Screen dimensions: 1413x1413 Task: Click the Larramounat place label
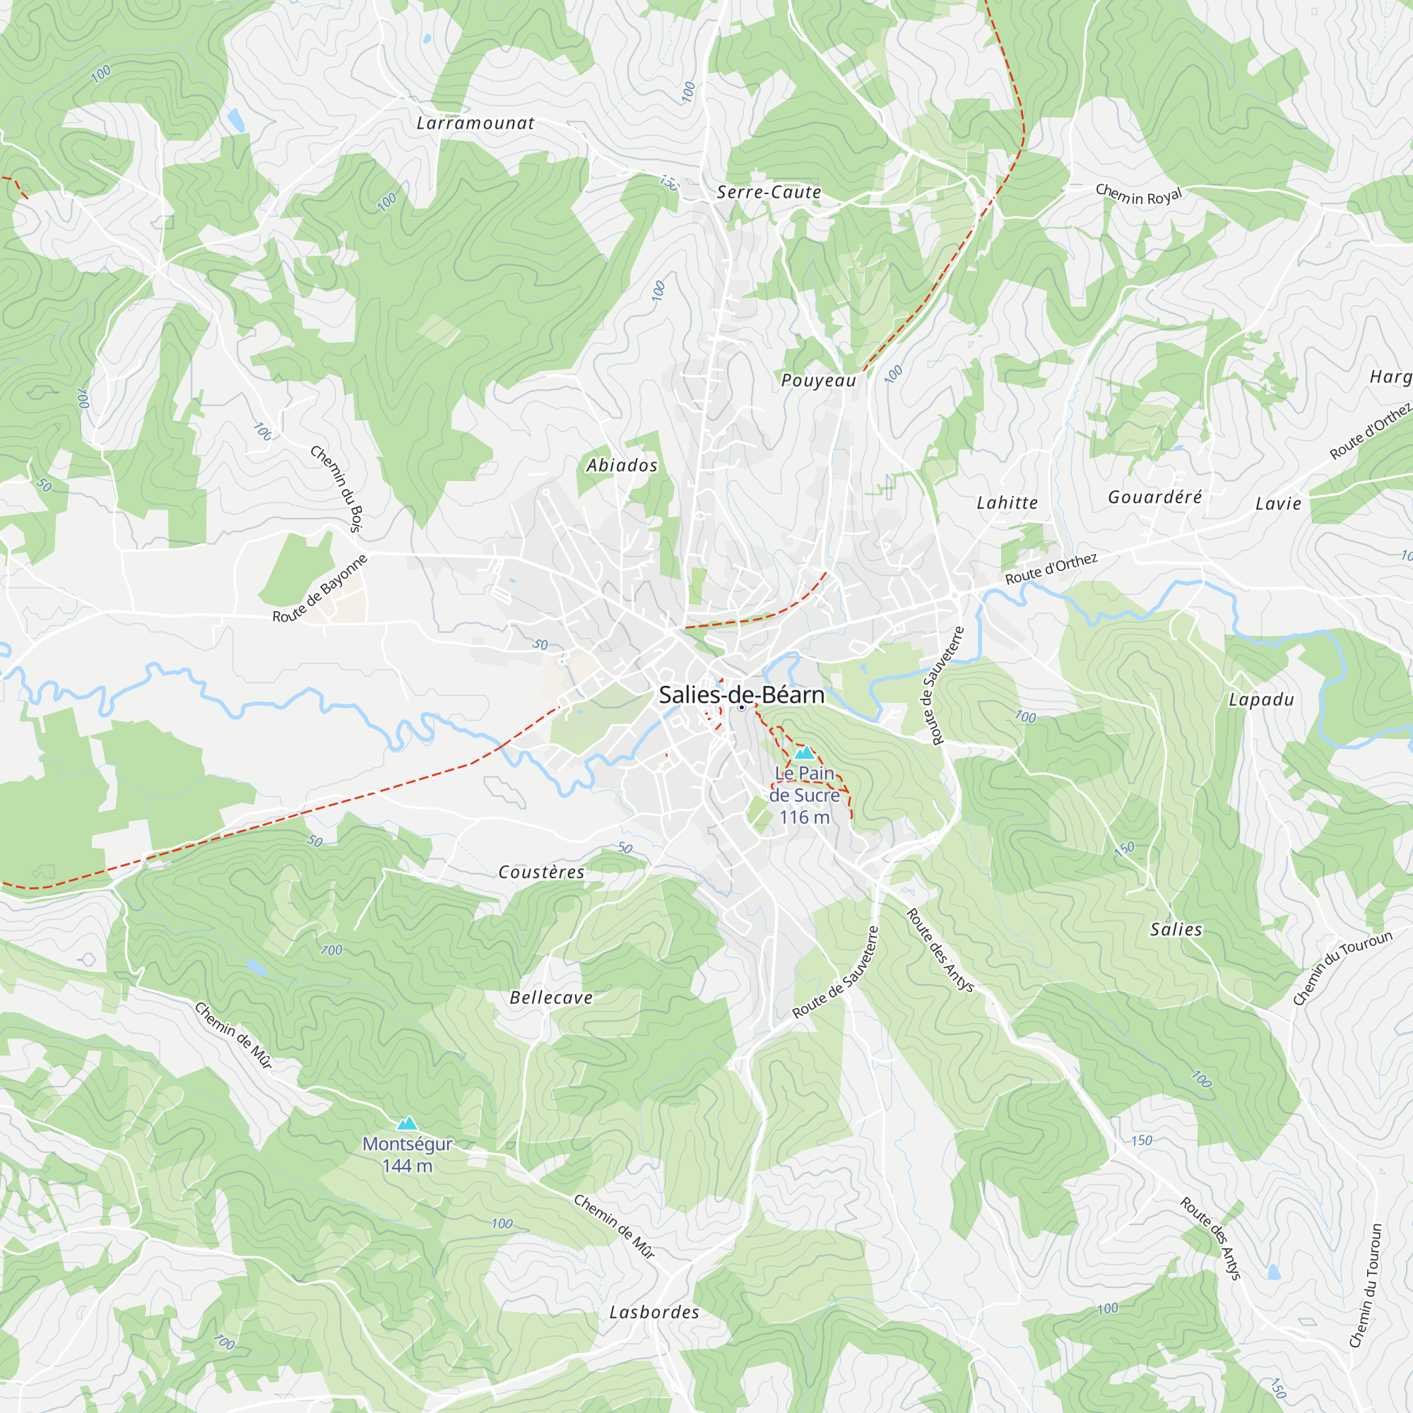pos(475,124)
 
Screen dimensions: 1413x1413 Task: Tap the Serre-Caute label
pos(769,192)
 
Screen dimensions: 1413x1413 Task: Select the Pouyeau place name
pos(818,380)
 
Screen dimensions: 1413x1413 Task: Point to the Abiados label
pos(622,466)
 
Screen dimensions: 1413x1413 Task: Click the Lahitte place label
pos(1007,503)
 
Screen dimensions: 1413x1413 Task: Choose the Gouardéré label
pos(1155,497)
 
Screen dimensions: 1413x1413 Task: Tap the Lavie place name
pos(1279,504)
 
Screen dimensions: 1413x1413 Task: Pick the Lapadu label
pos(1261,700)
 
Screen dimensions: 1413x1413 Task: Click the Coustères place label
pos(541,873)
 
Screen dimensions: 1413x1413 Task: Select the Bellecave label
pos(551,998)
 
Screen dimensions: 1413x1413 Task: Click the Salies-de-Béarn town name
pos(742,694)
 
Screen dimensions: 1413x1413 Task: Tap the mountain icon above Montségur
pos(408,1123)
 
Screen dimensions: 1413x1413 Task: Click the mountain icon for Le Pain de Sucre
pos(805,752)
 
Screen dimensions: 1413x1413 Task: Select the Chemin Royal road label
pos(1139,195)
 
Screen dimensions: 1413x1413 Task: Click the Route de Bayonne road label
pos(319,589)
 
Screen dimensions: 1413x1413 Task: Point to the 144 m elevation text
pos(408,1166)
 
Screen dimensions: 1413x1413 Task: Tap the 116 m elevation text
pos(805,817)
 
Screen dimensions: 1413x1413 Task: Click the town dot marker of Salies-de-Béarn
pos(742,708)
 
